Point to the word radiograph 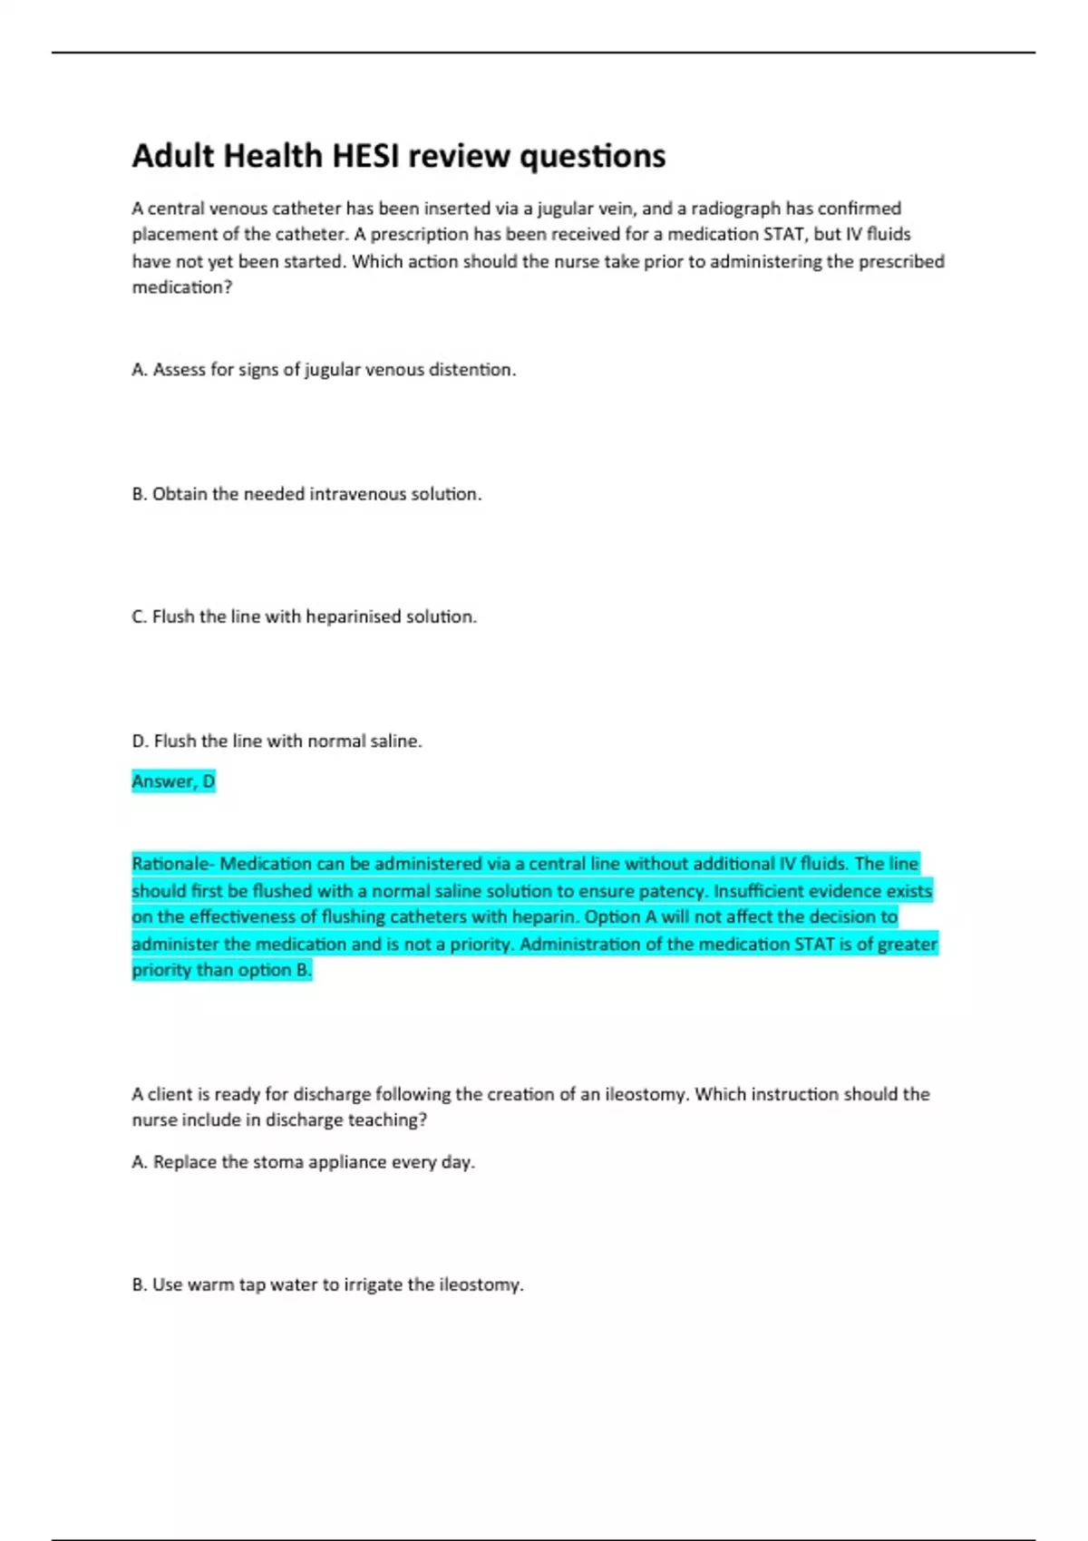pos(735,208)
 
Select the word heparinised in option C pos(353,616)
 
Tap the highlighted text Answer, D pos(173,781)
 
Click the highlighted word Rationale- pos(173,864)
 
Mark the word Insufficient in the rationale pos(758,891)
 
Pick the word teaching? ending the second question pos(386,1120)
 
